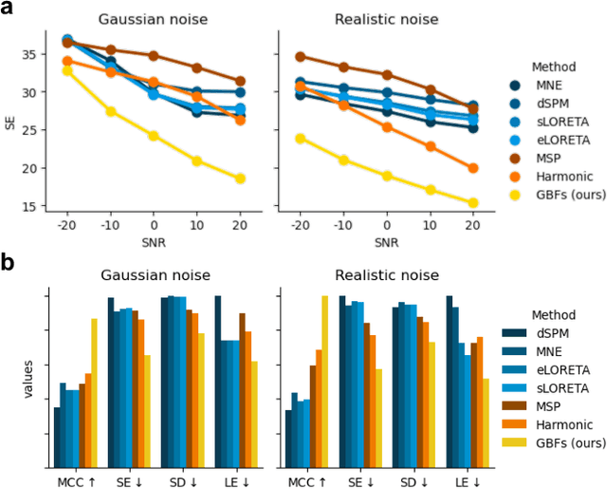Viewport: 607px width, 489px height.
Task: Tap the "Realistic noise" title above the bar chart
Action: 386,275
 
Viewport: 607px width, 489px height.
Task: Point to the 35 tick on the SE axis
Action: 34,54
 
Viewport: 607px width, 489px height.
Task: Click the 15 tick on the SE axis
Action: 34,206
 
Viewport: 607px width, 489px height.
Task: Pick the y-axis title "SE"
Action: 11,122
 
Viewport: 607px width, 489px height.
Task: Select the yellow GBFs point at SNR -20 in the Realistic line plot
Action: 302,139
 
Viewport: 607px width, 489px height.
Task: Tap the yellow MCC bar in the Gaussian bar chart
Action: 94,392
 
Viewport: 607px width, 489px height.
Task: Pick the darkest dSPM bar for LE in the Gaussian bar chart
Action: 218,381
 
